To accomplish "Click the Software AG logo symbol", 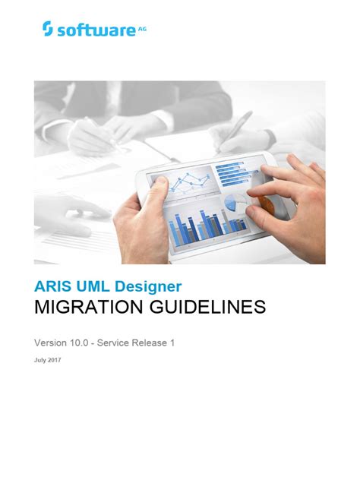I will [48, 29].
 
